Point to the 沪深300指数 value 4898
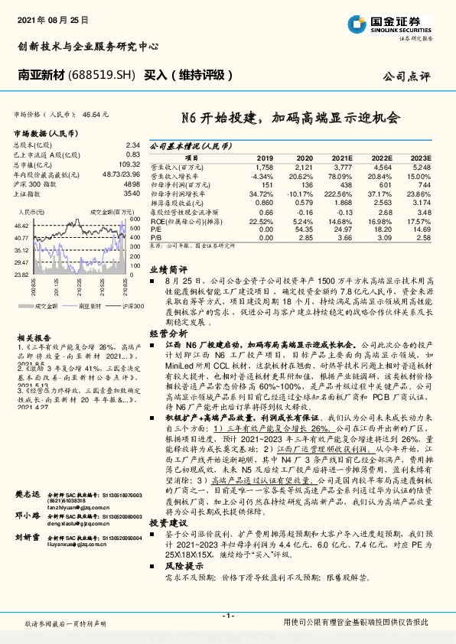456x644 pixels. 131,185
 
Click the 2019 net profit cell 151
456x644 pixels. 267,184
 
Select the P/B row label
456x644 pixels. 155,239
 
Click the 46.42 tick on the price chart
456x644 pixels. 21,226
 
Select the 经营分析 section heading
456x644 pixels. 168,333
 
